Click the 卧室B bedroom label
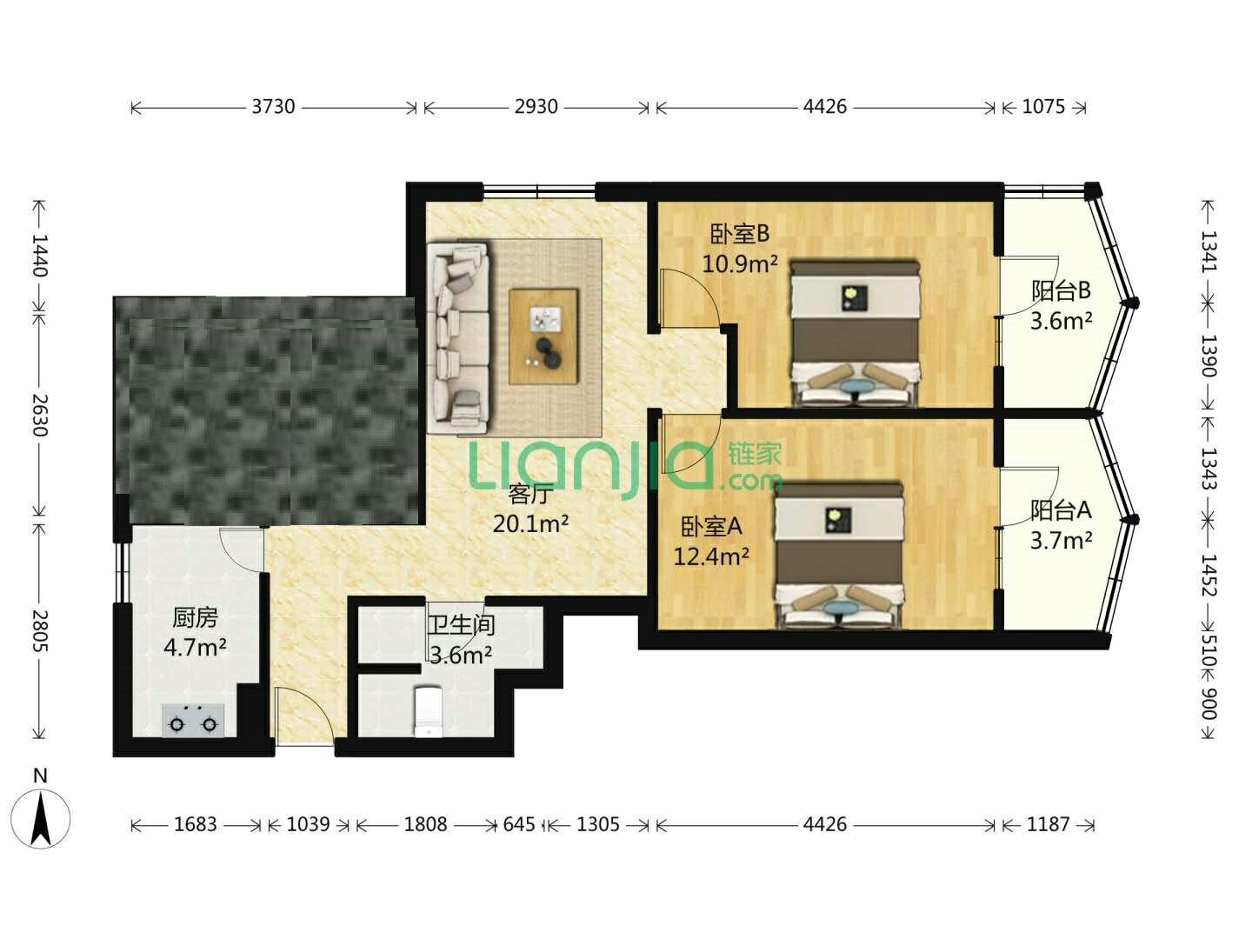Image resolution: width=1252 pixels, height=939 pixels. coord(740,233)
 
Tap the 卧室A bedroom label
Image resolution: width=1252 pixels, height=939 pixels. coord(711,526)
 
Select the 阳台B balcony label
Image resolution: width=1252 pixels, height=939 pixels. coord(1061,290)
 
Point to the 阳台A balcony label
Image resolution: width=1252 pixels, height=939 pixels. coord(1061,509)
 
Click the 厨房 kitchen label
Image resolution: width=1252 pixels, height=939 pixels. coord(195,617)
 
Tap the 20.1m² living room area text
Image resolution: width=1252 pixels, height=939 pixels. coord(530,523)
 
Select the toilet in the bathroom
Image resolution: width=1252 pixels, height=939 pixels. coord(428,711)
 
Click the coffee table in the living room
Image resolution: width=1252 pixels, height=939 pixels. coord(543,336)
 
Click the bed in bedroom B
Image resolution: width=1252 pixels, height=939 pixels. coord(855,334)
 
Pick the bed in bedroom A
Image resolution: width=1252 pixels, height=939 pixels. coord(838,556)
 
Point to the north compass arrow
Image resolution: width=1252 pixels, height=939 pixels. coord(41,819)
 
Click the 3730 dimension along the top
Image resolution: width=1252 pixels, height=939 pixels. coord(273,107)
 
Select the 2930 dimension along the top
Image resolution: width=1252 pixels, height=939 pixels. coord(536,107)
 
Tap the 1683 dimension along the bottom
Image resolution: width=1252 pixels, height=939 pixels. coord(195,824)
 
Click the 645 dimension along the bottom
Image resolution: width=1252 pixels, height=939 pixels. coord(519,824)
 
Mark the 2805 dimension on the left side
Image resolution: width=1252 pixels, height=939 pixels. coord(40,630)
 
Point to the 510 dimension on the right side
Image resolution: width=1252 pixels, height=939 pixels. coord(1209,651)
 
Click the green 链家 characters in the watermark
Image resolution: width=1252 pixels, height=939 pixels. coord(754,455)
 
